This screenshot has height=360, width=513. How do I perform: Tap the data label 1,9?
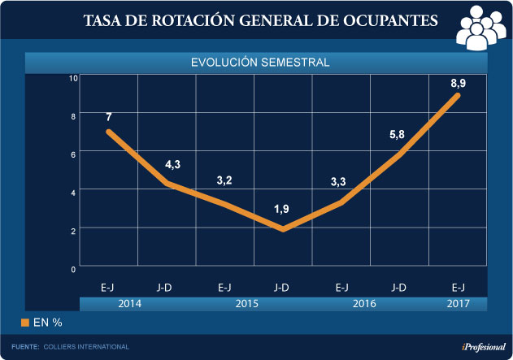(281, 210)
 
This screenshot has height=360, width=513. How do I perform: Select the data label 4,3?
(172, 165)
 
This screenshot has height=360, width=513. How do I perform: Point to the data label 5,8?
(398, 134)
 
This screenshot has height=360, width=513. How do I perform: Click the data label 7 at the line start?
(108, 116)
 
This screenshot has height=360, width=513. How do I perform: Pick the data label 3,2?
(224, 180)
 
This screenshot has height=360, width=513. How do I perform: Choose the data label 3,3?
(339, 182)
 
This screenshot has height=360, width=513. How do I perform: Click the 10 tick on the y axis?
(73, 78)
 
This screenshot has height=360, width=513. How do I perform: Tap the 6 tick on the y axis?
(73, 154)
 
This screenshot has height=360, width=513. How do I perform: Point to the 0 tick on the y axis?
(73, 268)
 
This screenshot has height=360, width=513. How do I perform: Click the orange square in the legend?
(25, 323)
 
